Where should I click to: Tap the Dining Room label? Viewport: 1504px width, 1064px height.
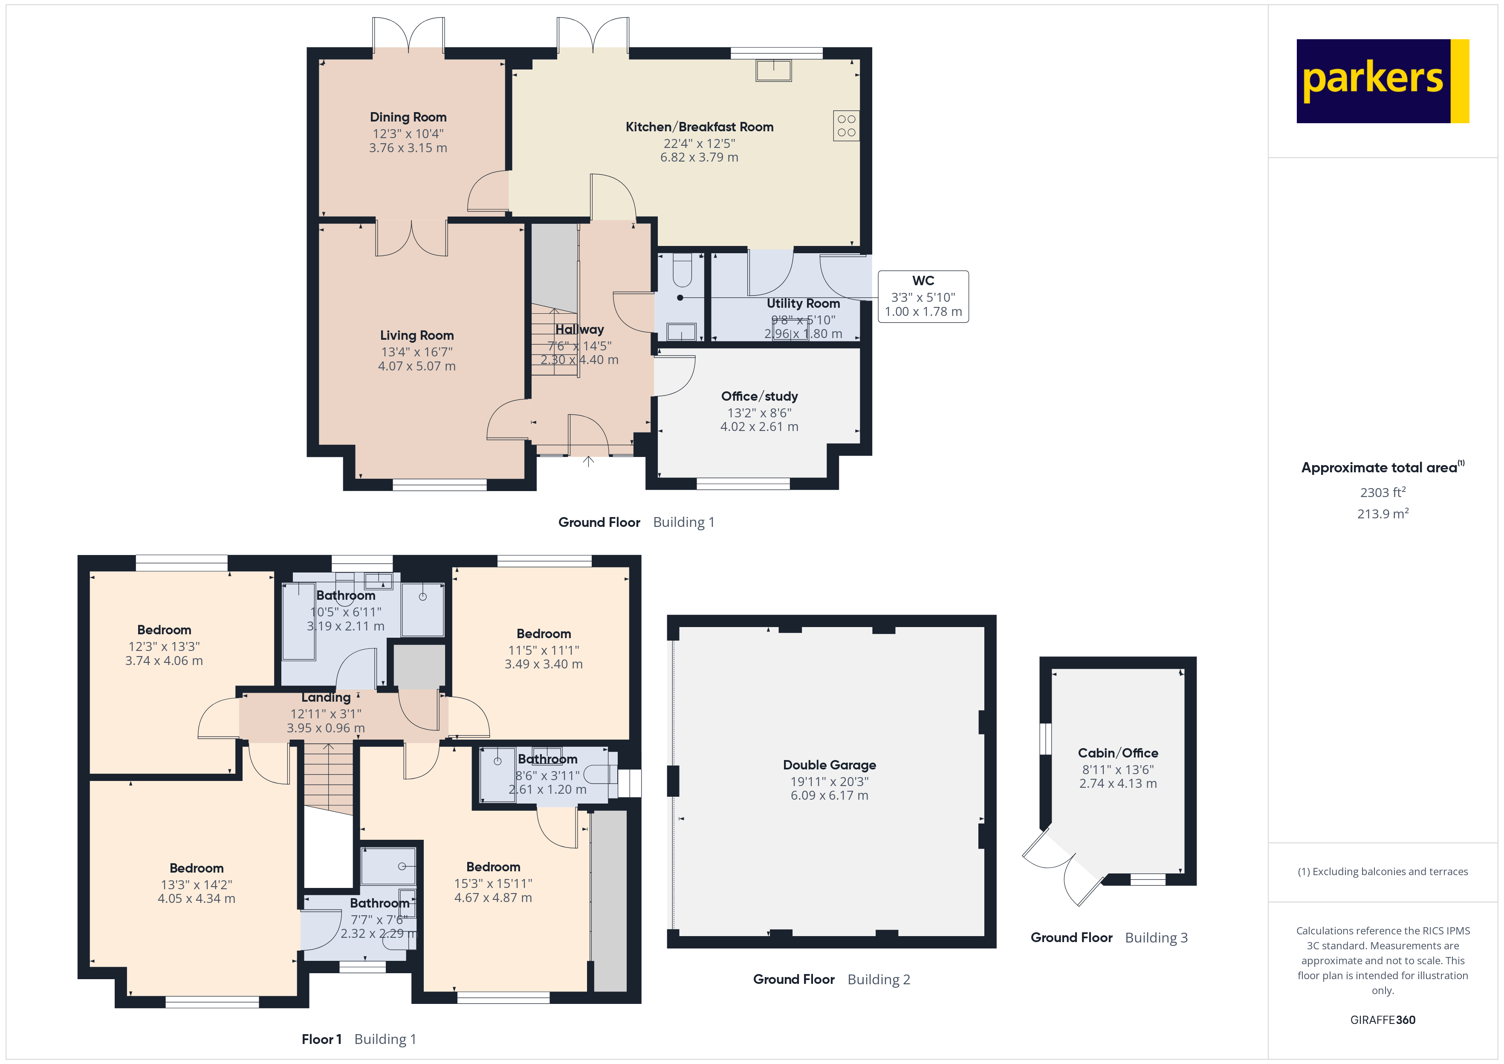point(408,117)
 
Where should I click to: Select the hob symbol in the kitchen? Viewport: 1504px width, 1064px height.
point(846,126)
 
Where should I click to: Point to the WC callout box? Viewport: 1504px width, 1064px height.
point(923,296)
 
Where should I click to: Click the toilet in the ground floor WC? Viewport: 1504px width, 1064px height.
point(682,271)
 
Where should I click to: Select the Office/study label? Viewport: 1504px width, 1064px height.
point(759,396)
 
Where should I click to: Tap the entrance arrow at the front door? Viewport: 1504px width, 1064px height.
point(588,461)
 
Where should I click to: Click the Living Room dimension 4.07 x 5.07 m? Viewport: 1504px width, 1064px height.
point(416,366)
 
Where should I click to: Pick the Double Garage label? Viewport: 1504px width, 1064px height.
point(829,765)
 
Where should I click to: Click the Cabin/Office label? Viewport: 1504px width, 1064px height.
point(1117,753)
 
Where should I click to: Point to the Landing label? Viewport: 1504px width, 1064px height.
point(326,698)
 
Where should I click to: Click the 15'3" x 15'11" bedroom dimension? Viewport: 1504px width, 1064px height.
point(493,883)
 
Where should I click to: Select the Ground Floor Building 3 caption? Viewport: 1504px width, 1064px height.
point(1108,937)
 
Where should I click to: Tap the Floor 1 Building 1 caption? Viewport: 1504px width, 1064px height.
point(359,1039)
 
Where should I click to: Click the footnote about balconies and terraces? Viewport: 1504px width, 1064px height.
point(1382,871)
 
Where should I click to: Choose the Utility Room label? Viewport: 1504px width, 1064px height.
point(803,304)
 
